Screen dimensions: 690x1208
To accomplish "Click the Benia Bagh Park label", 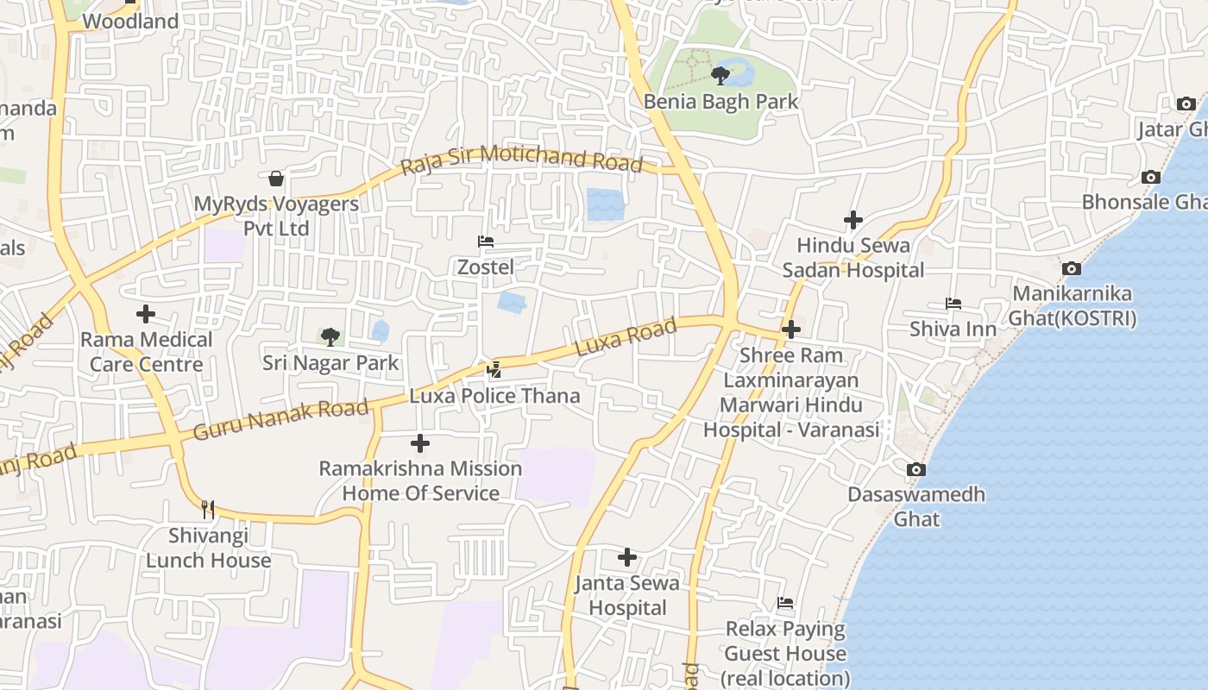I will click(721, 101).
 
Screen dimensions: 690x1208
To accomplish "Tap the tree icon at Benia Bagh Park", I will click(720, 76).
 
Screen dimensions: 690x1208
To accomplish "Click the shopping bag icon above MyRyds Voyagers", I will click(276, 179).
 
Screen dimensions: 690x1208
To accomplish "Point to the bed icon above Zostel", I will click(486, 241).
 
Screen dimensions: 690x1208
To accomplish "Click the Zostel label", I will click(486, 267).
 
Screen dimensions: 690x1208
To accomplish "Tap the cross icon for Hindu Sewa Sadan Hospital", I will click(853, 220).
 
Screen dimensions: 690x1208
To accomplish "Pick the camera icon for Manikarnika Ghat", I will click(1072, 268).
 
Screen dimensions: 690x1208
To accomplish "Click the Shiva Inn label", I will click(953, 329).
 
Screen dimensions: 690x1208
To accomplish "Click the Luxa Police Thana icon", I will click(494, 370).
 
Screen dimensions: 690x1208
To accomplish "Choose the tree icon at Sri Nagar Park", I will click(330, 336).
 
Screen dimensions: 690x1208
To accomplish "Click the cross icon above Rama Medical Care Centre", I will click(146, 314).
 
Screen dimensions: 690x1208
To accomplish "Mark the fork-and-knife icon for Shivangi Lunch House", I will click(208, 509).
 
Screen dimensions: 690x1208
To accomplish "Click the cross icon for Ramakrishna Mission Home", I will click(420, 443).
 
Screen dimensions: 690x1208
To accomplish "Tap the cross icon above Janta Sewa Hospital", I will click(627, 557).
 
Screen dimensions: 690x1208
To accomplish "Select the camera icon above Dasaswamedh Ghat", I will click(916, 470).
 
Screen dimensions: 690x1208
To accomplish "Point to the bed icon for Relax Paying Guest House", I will click(785, 603).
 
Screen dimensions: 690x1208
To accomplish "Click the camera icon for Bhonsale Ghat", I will click(1150, 177).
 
